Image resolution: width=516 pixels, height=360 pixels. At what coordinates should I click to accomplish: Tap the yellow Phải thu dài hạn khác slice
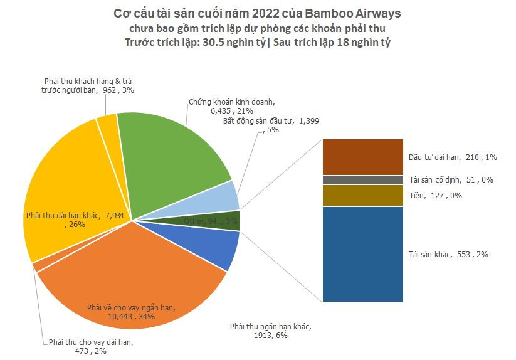click(69, 188)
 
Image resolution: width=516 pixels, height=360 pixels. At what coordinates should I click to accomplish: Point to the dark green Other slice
click(232, 221)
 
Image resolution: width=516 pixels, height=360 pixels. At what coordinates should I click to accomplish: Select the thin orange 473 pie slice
click(37, 267)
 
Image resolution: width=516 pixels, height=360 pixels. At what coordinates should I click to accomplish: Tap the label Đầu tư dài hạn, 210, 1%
click(448, 156)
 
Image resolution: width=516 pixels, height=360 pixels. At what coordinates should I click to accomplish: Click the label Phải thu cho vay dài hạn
click(91, 342)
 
